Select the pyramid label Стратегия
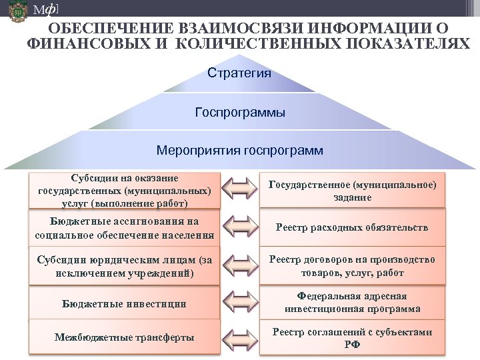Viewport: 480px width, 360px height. click(x=239, y=73)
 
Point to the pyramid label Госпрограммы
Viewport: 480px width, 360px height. click(x=240, y=113)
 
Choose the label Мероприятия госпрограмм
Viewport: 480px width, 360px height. click(x=240, y=151)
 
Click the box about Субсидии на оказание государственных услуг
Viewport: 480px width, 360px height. click(x=125, y=190)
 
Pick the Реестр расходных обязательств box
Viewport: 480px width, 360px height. click(x=353, y=228)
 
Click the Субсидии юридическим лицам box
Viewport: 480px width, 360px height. click(x=125, y=266)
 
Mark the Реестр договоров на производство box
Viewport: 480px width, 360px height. click(x=353, y=266)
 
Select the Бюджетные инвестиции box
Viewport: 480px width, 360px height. click(x=125, y=304)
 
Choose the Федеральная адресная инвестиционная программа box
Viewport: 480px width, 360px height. click(x=353, y=303)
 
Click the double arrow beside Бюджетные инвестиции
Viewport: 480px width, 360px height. click(x=239, y=304)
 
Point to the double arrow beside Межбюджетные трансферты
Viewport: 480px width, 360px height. click(x=239, y=338)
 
